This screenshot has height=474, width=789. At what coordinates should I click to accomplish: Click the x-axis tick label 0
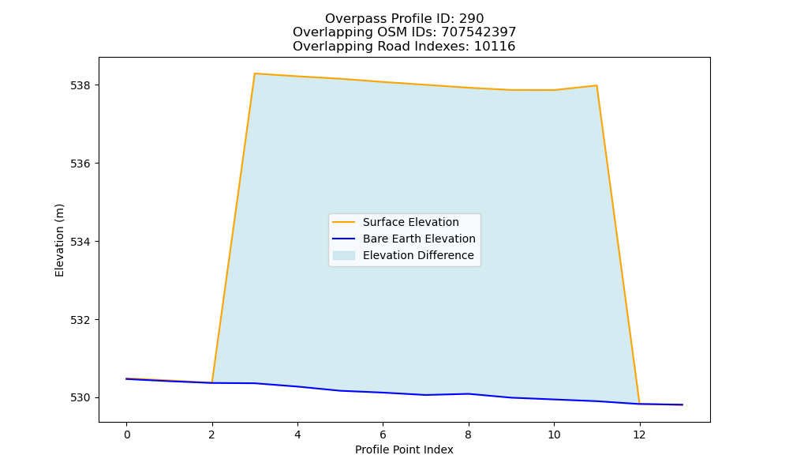127,434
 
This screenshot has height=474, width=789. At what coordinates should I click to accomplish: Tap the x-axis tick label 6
383,434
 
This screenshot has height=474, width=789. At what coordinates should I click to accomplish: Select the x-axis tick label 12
639,434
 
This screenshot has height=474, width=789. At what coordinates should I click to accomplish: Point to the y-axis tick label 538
80,85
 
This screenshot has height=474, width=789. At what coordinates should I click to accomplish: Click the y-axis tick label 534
80,242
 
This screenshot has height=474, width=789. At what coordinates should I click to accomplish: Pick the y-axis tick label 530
80,398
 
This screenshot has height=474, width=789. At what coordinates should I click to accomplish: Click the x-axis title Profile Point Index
404,450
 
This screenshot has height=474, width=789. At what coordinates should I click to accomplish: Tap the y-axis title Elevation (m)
59,240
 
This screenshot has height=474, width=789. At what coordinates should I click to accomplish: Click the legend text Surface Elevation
410,222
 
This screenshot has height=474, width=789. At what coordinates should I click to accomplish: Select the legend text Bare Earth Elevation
419,239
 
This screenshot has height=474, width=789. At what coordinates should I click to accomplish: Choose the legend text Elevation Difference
418,255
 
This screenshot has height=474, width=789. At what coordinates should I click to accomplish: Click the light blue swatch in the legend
344,255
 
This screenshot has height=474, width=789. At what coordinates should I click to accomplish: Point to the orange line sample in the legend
344,222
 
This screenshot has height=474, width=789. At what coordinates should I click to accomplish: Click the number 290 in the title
472,19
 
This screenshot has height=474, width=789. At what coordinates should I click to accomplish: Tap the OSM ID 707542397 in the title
479,32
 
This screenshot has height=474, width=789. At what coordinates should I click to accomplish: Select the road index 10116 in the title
495,47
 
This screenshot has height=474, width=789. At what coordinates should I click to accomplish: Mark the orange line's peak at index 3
255,73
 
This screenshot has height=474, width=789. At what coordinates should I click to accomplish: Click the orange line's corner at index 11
596,85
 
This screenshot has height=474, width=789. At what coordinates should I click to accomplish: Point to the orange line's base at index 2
212,382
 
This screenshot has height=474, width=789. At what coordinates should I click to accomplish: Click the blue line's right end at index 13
682,404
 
